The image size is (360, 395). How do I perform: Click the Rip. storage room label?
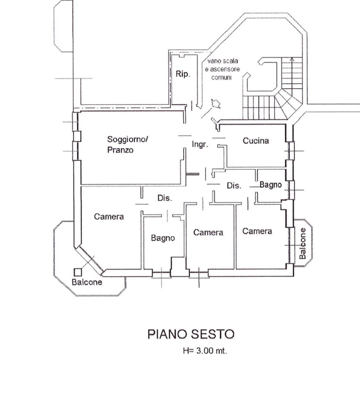click(182, 75)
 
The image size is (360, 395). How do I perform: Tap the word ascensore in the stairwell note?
click(222, 70)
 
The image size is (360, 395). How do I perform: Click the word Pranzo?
click(120, 150)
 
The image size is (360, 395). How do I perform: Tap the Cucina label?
click(256, 141)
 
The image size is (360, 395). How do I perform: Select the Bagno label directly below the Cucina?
click(271, 185)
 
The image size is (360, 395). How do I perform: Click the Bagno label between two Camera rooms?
click(163, 238)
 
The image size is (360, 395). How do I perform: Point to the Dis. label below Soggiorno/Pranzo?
click(165, 198)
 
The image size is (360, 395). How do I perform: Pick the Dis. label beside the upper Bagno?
click(234, 186)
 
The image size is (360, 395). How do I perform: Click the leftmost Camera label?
click(109, 217)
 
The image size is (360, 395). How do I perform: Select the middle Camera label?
click(208, 233)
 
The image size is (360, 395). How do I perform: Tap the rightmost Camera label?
click(257, 231)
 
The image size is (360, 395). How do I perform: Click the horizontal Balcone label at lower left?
click(87, 282)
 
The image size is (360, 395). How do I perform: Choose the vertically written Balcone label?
click(302, 243)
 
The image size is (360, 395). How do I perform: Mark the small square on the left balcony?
click(78, 272)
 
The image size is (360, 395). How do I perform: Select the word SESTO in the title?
click(213, 334)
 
